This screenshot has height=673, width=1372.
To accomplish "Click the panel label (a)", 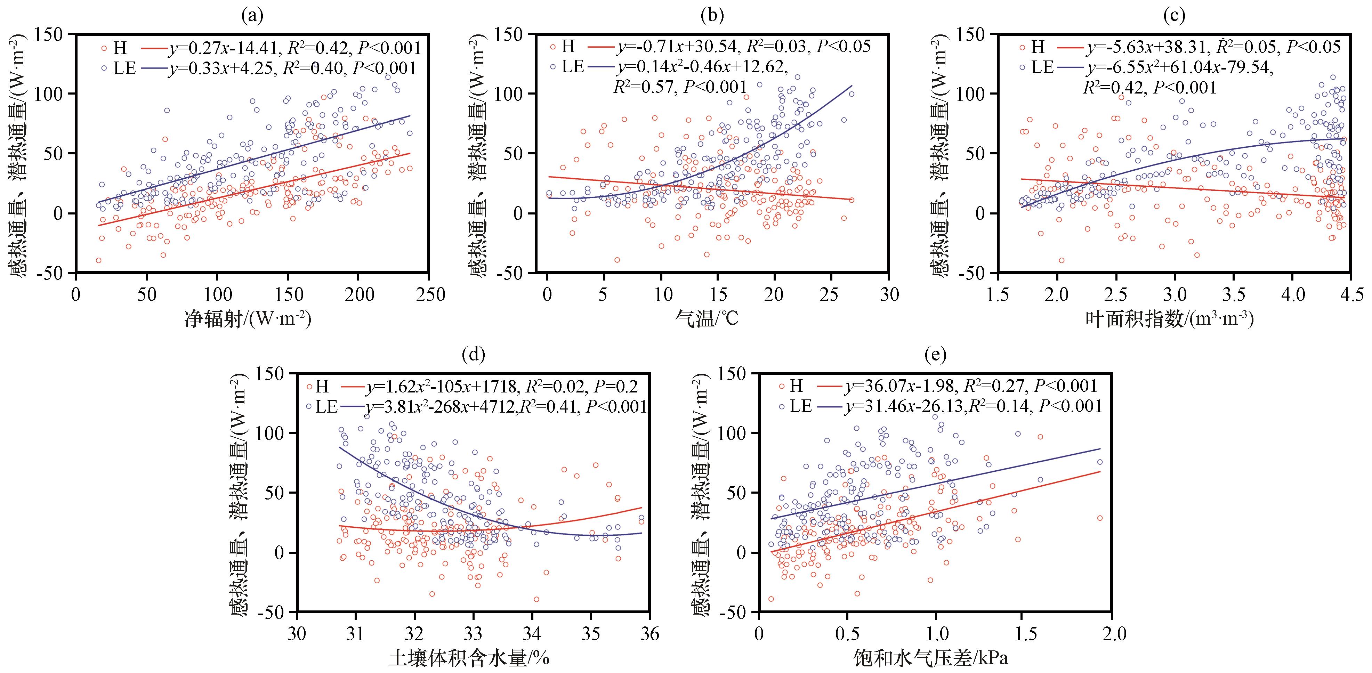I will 252,16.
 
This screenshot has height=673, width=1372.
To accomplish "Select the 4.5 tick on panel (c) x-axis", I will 1351,294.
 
